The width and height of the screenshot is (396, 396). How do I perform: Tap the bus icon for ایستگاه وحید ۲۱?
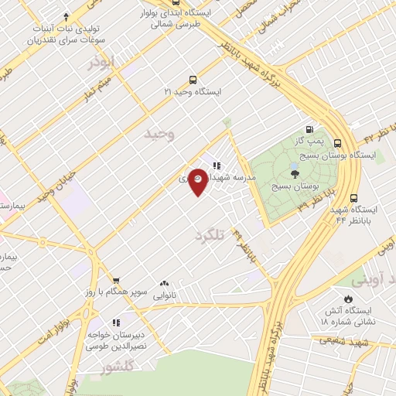coord(193,80)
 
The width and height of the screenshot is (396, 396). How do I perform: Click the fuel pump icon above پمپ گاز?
coord(309,130)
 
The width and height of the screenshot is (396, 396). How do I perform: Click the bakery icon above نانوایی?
coord(163,284)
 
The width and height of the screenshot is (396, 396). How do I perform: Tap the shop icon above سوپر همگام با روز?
coord(115,282)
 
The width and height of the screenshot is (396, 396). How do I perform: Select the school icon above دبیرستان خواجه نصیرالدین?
coord(116,323)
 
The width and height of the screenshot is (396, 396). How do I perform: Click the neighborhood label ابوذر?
coord(101,62)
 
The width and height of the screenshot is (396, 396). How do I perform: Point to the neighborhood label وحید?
coord(160,134)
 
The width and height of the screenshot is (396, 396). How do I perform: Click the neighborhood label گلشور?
coord(116,368)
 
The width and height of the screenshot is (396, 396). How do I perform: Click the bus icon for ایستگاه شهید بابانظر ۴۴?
coord(354,198)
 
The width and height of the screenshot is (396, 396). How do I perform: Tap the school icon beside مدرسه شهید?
coord(217,164)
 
